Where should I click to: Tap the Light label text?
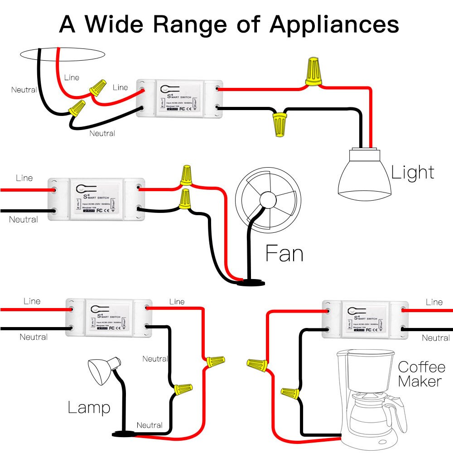[412, 173]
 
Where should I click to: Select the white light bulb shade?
[365, 179]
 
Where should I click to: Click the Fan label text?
[284, 254]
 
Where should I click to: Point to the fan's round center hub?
[267, 201]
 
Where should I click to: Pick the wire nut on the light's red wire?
[313, 72]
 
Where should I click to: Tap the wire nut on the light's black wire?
[279, 125]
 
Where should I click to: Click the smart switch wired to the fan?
[96, 198]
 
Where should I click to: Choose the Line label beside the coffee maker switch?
[434, 302]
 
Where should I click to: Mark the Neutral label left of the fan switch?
[23, 220]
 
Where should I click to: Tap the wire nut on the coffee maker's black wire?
[290, 393]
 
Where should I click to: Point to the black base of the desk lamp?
[123, 434]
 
